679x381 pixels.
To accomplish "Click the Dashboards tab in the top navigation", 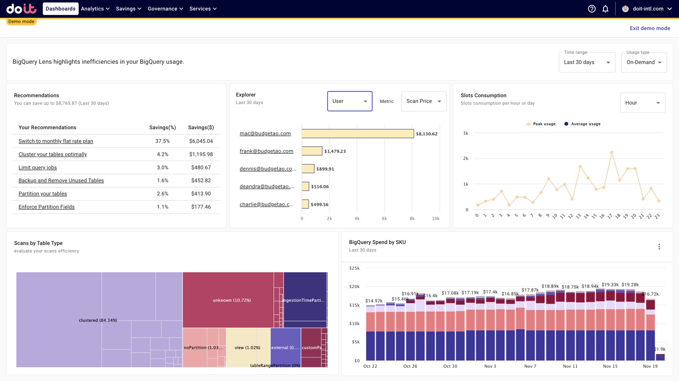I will pos(60,8).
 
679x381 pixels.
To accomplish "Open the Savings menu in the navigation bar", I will pos(128,8).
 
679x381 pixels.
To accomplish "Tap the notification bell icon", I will pos(605,8).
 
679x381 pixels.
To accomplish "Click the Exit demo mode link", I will pos(649,28).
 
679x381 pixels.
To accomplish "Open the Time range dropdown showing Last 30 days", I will pos(587,62).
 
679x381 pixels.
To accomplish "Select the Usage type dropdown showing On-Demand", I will pos(644,62).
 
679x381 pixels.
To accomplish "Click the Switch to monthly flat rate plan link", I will pos(56,141).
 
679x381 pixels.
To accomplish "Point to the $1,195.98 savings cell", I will pos(201,154).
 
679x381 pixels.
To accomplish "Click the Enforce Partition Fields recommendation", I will pos(46,207).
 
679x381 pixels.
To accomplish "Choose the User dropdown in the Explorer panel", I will pos(350,101).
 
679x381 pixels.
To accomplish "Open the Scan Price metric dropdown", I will pos(423,101).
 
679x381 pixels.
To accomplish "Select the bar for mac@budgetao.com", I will pos(358,134).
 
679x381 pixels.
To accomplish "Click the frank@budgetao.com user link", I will pos(266,151).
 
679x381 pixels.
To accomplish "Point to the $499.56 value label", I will pos(319,205).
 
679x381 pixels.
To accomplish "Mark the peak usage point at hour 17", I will pos(612,152).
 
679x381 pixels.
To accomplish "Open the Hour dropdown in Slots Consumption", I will pos(642,103).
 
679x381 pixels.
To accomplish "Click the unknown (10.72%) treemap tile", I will pos(231,300).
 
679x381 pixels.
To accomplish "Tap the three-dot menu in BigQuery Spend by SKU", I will pos(659,247).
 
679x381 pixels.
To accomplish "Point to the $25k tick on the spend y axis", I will pos(354,268).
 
